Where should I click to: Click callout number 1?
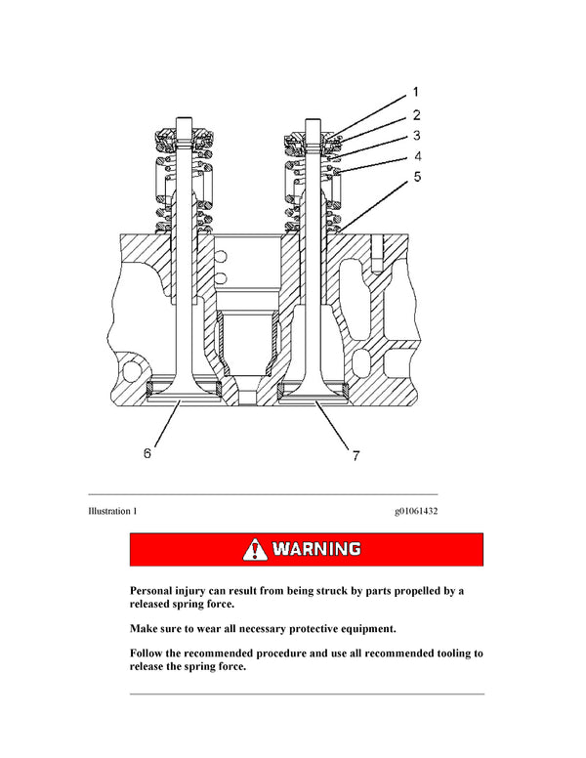pos(415,95)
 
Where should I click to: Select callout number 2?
pos(415,115)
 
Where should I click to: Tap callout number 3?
pos(415,136)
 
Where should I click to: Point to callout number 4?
pos(415,156)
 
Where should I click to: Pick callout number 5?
pos(415,177)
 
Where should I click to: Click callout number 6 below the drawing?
pos(147,453)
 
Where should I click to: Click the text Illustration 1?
pos(112,511)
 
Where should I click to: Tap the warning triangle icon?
pos(256,549)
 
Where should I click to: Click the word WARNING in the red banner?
pos(316,549)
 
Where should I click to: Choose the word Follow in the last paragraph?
pos(151,653)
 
